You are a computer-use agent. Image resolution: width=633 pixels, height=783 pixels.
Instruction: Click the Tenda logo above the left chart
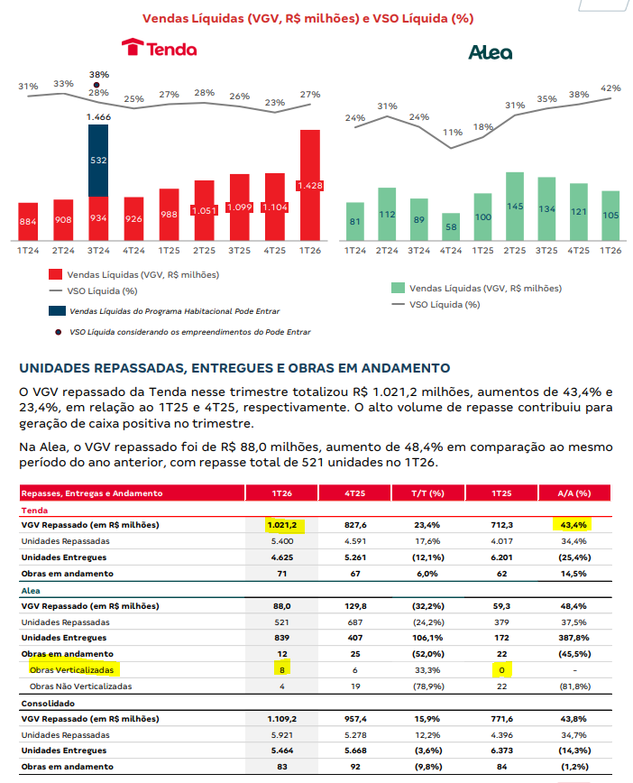pos(159,48)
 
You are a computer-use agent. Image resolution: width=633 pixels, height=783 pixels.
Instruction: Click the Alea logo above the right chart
pos(490,52)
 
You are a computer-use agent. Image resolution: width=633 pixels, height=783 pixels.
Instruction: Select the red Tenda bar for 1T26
pos(310,185)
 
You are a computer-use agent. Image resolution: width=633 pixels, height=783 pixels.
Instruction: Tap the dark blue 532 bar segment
pos(98,161)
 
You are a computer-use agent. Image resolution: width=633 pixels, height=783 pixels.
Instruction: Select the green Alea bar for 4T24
pos(451,226)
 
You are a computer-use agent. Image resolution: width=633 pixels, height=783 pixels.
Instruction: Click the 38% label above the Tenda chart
pos(98,75)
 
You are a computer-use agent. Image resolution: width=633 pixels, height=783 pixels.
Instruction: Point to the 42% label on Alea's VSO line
pos(610,88)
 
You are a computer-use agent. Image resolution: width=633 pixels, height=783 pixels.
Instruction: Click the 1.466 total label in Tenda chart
pos(98,117)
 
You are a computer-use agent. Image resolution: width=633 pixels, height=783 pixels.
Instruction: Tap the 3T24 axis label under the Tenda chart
pos(98,250)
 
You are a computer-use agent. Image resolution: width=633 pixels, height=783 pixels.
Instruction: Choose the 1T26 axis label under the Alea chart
pos(610,250)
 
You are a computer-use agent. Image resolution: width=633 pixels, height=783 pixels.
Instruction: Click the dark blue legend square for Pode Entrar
pos(55,310)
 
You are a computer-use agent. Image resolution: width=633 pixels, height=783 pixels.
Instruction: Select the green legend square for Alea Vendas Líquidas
pos(397,288)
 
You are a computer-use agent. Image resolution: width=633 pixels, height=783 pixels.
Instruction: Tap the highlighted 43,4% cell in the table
pos(573,524)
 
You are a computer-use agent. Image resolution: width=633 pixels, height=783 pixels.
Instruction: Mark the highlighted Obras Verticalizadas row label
pos(73,669)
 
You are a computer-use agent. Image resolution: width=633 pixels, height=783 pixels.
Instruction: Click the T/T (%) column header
pos(425,493)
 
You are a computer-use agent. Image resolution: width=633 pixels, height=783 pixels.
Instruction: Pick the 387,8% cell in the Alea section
pos(573,637)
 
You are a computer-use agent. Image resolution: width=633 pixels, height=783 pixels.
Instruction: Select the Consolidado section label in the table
pos(45,702)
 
